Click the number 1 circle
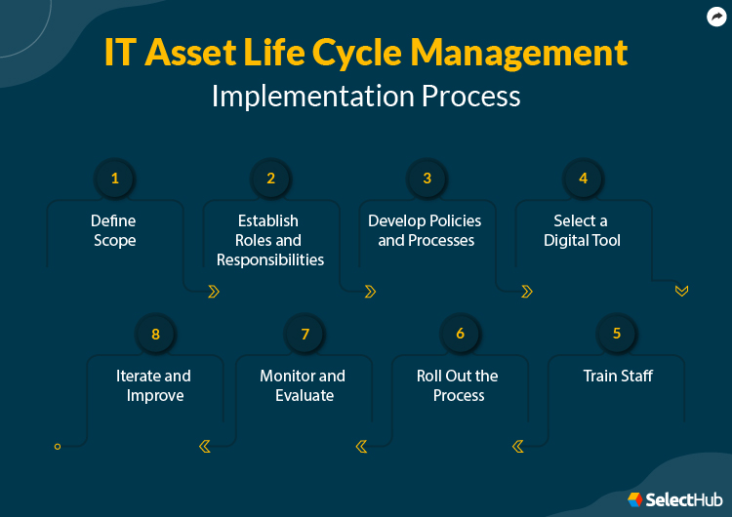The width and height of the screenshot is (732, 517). pos(114,179)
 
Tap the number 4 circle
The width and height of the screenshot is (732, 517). pos(583,179)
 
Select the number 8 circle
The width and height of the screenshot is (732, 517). pos(155,334)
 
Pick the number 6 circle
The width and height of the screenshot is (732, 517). pos(460,334)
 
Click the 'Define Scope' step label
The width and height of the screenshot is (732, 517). pos(114,230)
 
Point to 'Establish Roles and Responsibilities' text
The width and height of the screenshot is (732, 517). pos(270,240)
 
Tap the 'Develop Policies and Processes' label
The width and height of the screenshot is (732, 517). pos(426,230)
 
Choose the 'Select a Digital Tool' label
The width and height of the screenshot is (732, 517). pos(582,230)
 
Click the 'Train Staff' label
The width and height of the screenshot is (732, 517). pos(618,376)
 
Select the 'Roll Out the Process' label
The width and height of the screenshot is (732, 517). pos(458,385)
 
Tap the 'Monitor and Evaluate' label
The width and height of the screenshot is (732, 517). pos(304,385)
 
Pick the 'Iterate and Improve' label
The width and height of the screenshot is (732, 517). pos(154,385)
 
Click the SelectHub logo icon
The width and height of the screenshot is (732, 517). pos(635,498)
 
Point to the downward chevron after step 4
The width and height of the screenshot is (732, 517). pos(681,291)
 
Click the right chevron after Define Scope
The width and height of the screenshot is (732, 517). pos(214,291)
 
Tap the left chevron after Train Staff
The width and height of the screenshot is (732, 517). pos(517,446)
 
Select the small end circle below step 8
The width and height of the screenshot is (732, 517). pos(58,446)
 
